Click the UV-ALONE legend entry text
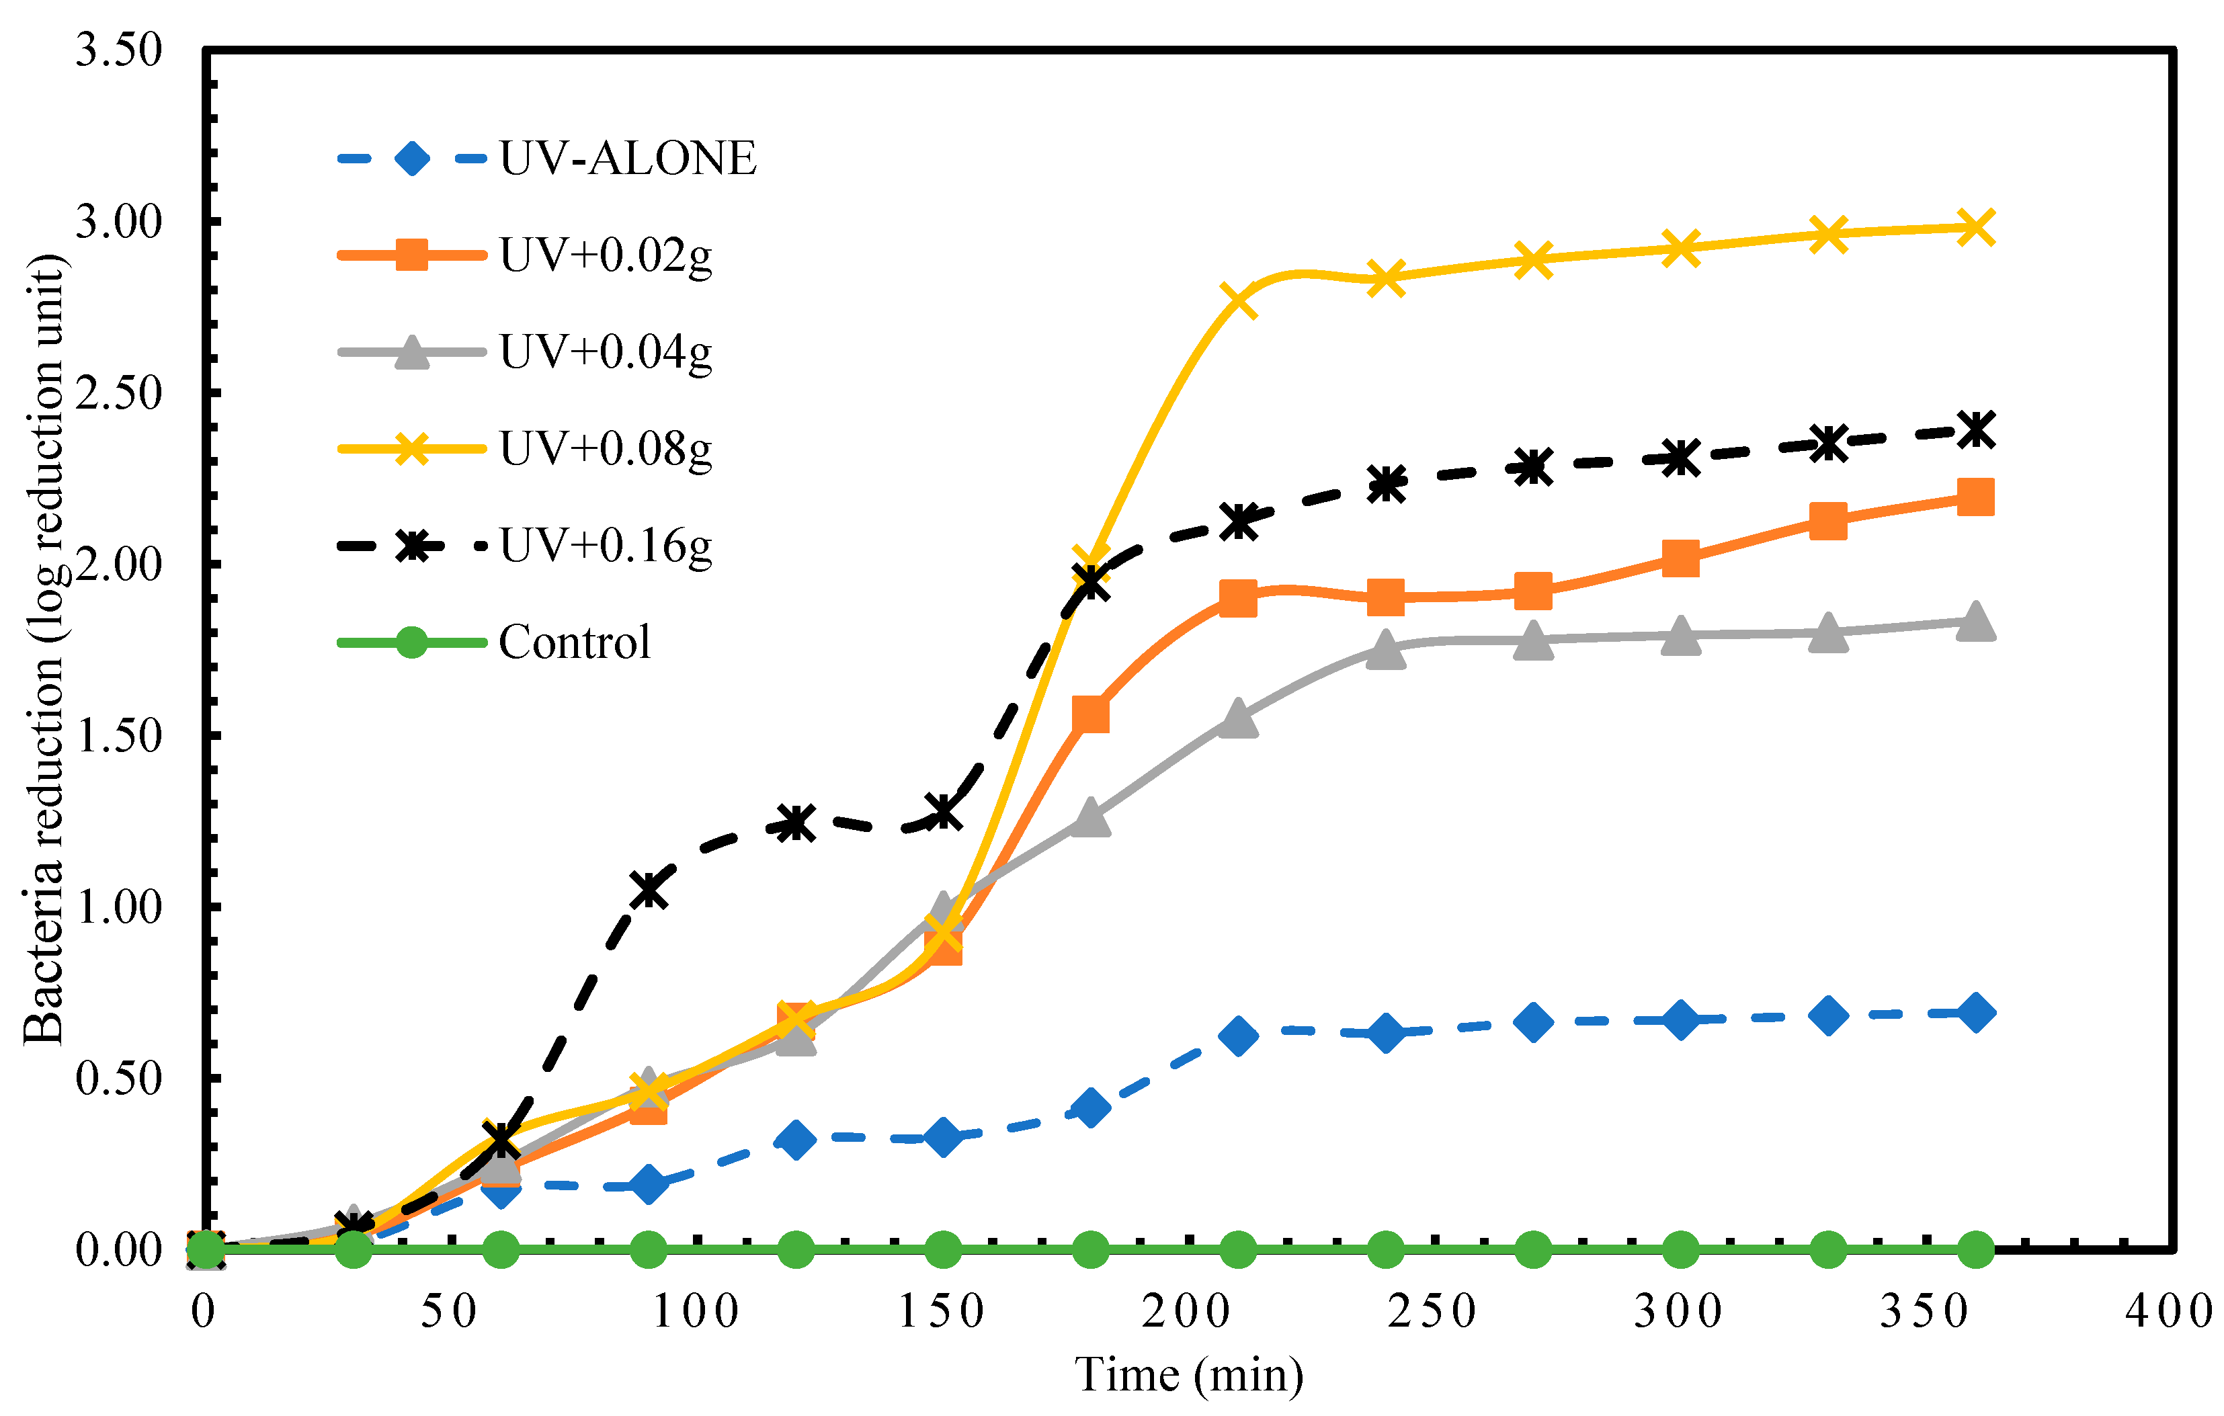(x=627, y=158)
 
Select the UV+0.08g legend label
(x=605, y=449)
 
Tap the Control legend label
(x=575, y=642)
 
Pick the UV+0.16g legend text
(x=605, y=546)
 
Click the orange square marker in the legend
(x=411, y=255)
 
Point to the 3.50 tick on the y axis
(x=118, y=51)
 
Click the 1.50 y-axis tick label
(x=118, y=736)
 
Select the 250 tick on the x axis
(x=1432, y=1312)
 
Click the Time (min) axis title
(x=1189, y=1374)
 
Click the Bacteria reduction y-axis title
(x=44, y=649)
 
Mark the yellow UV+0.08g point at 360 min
(x=1975, y=227)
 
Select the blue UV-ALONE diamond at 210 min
(x=1237, y=1036)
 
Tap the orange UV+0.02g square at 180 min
(x=1091, y=714)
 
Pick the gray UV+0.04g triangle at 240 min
(x=1385, y=649)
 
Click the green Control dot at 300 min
(x=1680, y=1250)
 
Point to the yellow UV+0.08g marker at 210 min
(x=1237, y=300)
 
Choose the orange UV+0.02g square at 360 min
(x=1975, y=497)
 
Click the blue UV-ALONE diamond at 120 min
(x=795, y=1140)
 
